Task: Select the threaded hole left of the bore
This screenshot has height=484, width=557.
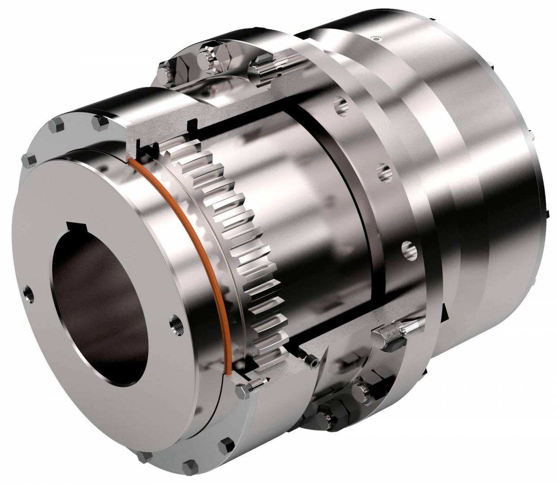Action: (29, 293)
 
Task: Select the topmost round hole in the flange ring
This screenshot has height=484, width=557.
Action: (341, 105)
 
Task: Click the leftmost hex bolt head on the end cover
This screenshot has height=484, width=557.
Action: (29, 161)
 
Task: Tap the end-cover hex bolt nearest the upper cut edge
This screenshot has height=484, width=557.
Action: (100, 122)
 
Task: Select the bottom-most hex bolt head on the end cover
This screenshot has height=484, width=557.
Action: (190, 467)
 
